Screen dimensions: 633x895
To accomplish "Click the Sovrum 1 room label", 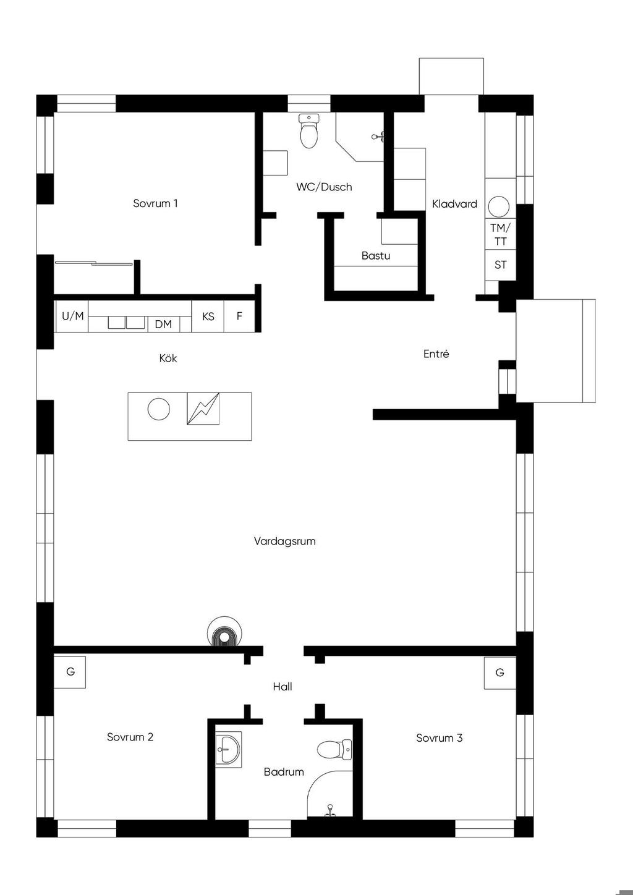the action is tap(155, 203).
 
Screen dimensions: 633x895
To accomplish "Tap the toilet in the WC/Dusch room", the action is tap(309, 130).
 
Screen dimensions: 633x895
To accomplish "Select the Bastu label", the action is tap(376, 256).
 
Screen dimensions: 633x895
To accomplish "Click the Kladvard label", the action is tap(454, 204).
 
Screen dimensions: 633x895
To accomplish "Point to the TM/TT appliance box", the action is tap(500, 234).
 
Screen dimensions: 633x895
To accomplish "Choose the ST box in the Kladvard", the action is tap(500, 265).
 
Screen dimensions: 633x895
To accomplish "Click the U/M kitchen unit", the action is tap(72, 316).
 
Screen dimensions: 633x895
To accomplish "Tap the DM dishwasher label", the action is tap(163, 324).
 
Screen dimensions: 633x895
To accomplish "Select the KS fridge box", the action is tap(208, 316).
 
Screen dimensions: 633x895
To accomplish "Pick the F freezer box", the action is tap(239, 316).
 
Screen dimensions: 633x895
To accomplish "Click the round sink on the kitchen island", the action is tap(159, 409).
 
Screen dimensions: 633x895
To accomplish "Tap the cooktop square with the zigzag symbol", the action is tap(203, 409).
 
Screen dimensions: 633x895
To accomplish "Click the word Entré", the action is tap(436, 354).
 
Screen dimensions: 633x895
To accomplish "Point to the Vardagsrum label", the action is tap(284, 541).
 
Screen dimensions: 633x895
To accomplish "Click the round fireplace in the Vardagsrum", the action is tap(224, 631).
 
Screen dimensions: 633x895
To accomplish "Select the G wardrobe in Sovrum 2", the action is tap(70, 672).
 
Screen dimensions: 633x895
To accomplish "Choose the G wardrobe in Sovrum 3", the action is tap(499, 673).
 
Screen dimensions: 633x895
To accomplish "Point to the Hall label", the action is tap(283, 687).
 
